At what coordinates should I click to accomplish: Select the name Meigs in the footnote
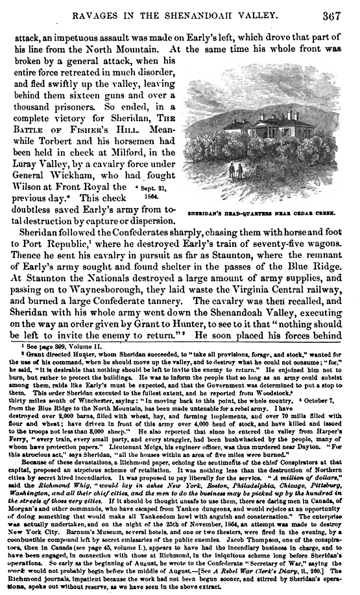[x=147, y=464]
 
